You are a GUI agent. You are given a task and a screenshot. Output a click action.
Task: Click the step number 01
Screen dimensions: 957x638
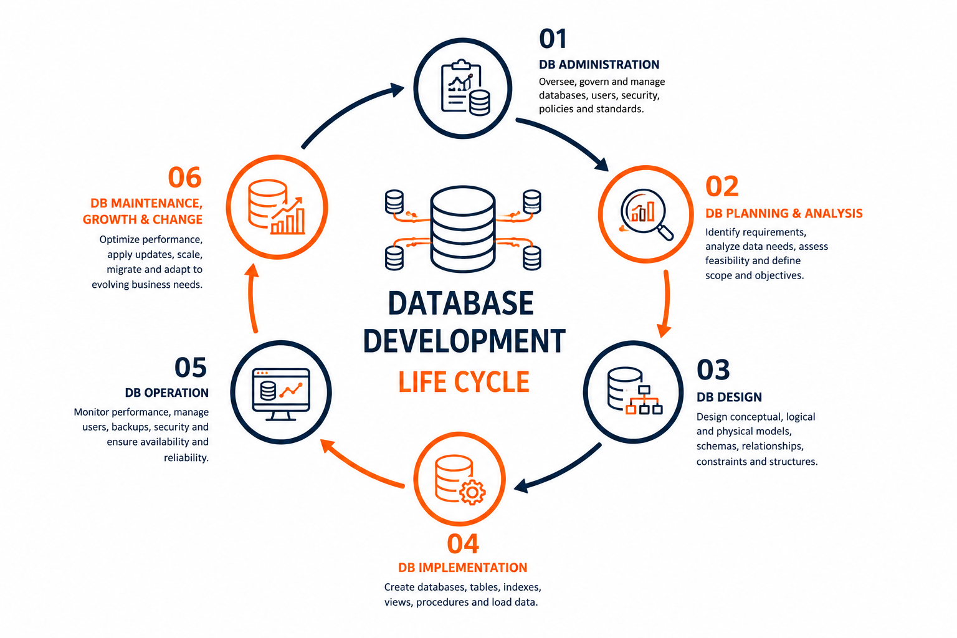(553, 39)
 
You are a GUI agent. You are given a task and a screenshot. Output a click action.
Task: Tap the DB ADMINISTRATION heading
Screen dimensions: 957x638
(599, 65)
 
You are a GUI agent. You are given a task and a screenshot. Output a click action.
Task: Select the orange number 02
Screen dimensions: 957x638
(721, 186)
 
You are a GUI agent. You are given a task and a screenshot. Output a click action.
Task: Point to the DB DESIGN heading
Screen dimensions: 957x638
(729, 397)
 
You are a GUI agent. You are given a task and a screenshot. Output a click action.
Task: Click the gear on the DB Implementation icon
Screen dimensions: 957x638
(472, 492)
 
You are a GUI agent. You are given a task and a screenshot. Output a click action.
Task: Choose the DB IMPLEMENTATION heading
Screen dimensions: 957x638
(463, 568)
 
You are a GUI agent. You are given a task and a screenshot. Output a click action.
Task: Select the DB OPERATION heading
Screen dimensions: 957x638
(166, 393)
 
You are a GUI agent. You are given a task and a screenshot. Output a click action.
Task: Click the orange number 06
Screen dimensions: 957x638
(184, 178)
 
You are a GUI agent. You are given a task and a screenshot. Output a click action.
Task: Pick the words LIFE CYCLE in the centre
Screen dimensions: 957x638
(464, 381)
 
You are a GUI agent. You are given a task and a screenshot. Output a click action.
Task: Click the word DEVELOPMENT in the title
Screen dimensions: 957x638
(464, 341)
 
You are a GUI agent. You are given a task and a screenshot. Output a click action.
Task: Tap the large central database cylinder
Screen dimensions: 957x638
(463, 229)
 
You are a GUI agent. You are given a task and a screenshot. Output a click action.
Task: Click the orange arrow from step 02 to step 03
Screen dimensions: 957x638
(667, 303)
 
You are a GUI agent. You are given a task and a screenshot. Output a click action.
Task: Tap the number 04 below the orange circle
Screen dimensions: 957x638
(463, 543)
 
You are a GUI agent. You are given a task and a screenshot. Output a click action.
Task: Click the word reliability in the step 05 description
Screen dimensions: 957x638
(186, 458)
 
